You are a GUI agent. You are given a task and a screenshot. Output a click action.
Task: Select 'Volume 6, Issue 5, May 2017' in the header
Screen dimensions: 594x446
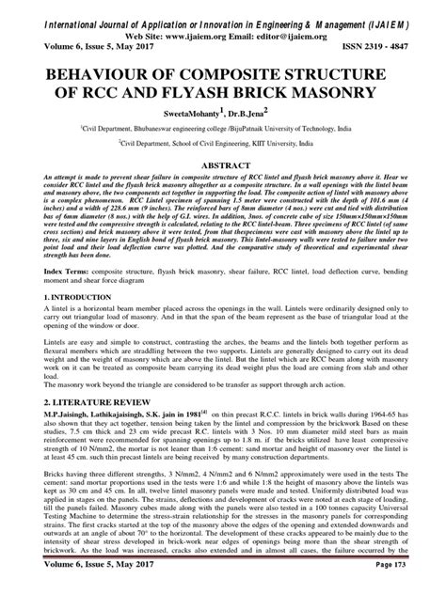(x=81, y=42)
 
